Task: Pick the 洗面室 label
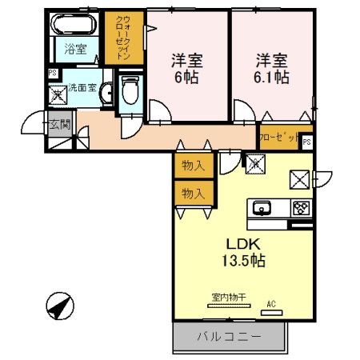[82, 87]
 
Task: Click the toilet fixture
[130, 94]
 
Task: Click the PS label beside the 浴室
[52, 74]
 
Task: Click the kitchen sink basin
[262, 210]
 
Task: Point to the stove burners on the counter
[300, 209]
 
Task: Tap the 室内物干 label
[228, 298]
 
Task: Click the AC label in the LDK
[271, 303]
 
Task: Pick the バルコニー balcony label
[229, 337]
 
